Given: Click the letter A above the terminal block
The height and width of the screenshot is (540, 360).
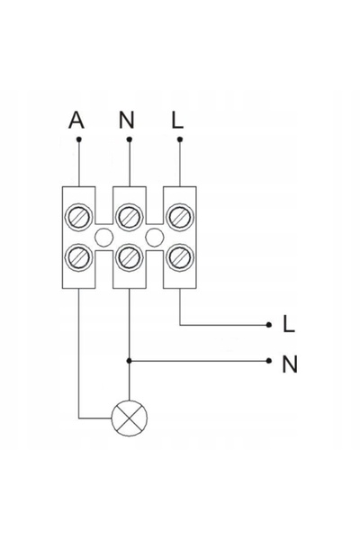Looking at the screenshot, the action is coord(76,120).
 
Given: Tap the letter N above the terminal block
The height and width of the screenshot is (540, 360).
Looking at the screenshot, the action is coord(126,120).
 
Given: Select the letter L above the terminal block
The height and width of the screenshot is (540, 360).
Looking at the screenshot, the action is coord(177,120).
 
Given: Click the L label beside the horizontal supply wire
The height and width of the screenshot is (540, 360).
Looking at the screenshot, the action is coord(289,324).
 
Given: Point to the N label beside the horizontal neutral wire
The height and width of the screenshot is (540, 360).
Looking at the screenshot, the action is coord(290,364).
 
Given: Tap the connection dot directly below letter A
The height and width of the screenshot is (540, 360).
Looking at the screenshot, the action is coord(79,139).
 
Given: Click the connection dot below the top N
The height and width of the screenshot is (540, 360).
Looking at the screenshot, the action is coord(130,139).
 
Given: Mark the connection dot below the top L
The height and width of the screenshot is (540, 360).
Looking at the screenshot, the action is coord(180,139).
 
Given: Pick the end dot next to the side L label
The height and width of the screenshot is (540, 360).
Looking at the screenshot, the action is coord(269,325).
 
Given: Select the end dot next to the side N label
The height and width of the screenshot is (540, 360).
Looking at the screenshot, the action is coord(269,361).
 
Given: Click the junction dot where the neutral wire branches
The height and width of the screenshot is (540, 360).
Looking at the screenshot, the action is coord(130,361).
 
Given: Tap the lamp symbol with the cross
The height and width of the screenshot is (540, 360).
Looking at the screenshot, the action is coord(130,418).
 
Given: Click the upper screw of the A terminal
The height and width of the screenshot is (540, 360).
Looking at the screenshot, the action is coord(79,217).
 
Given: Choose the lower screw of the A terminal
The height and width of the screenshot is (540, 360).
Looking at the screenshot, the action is coord(79,256).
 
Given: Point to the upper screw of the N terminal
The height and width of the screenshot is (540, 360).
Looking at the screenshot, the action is coord(130,217).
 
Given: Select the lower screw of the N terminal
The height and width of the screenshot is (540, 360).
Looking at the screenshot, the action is coord(130,256).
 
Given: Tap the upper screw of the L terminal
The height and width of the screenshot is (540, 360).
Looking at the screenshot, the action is coord(180,217).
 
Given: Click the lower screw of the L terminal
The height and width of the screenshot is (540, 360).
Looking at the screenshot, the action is coord(180,256).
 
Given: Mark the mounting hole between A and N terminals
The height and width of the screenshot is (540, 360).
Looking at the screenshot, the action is coord(103,237).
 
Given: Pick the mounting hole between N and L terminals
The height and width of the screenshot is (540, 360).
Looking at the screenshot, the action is coord(154,237).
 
